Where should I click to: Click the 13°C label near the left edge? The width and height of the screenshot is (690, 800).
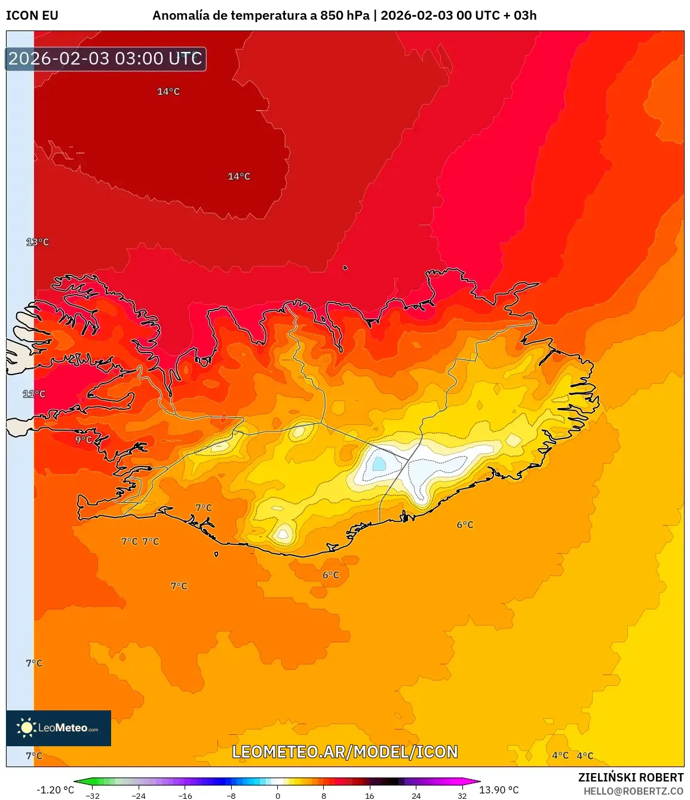pyautogui.click(x=37, y=242)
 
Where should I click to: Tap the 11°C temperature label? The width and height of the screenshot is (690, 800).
pyautogui.click(x=34, y=394)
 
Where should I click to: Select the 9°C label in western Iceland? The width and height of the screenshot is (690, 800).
pyautogui.click(x=84, y=440)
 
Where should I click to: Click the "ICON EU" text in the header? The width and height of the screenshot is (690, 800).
pyautogui.click(x=32, y=16)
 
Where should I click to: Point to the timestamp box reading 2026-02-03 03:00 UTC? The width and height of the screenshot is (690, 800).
pyautogui.click(x=105, y=59)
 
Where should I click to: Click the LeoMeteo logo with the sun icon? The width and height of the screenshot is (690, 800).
pyautogui.click(x=59, y=728)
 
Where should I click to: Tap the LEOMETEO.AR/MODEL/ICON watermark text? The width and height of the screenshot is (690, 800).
pyautogui.click(x=345, y=752)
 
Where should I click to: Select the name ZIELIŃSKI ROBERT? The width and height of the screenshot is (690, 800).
pyautogui.click(x=631, y=777)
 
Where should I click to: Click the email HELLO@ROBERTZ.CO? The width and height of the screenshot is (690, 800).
pyautogui.click(x=633, y=791)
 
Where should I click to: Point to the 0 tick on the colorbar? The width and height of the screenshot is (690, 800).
pyautogui.click(x=277, y=795)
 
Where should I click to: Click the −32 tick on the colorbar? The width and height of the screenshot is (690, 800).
pyautogui.click(x=93, y=795)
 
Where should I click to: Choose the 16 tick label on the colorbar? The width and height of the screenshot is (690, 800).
pyautogui.click(x=370, y=795)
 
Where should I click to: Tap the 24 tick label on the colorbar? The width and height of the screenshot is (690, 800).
pyautogui.click(x=416, y=795)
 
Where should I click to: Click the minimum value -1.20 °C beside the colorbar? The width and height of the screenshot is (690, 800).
pyautogui.click(x=55, y=790)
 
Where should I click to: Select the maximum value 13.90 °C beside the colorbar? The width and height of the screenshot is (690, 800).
pyautogui.click(x=499, y=790)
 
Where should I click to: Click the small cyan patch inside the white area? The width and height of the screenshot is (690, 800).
pyautogui.click(x=379, y=464)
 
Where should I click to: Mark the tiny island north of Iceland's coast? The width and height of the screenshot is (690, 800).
pyautogui.click(x=345, y=268)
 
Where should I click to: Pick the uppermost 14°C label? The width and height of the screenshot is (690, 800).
pyautogui.click(x=168, y=91)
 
